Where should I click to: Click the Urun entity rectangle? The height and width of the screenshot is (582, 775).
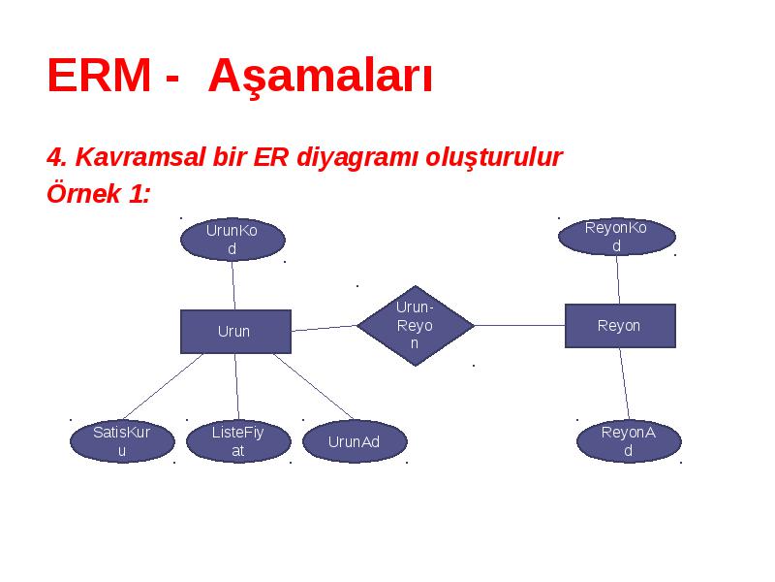[x=235, y=332]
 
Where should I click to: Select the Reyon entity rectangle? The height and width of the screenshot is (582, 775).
[x=620, y=326]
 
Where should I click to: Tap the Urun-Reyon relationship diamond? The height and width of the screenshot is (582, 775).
[x=416, y=326]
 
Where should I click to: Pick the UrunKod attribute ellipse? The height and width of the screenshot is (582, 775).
[x=232, y=240]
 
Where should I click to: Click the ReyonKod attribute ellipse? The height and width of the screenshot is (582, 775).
[x=617, y=237]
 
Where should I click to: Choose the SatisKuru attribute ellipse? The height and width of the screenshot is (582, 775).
[x=123, y=441]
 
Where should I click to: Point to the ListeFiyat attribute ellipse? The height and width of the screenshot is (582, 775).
[x=238, y=441]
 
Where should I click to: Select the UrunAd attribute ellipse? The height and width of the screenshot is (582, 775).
[x=355, y=441]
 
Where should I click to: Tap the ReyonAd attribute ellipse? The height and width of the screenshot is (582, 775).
[x=629, y=441]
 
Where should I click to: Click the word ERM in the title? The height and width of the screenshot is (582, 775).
[x=99, y=76]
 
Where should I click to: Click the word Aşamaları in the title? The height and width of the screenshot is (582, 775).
[x=321, y=77]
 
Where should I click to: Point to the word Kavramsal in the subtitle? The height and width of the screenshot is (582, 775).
[x=139, y=157]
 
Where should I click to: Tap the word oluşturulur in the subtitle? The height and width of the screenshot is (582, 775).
[x=494, y=158]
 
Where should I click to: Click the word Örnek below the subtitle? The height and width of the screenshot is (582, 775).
[x=84, y=192]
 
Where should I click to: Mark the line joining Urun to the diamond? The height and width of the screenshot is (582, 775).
[x=324, y=328]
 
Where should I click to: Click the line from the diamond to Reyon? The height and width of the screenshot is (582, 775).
[x=519, y=326]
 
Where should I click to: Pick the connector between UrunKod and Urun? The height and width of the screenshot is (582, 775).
[x=233, y=285]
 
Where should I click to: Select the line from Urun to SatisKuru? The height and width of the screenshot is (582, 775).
[x=163, y=387]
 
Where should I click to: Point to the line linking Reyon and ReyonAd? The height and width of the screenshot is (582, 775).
[x=625, y=384]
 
